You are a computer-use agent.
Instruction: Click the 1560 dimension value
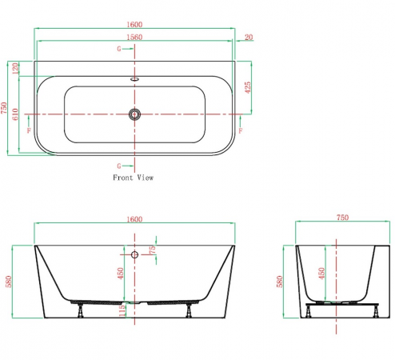click(134, 37)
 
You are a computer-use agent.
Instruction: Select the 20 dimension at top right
click(249, 37)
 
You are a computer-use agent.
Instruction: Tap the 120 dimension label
click(15, 68)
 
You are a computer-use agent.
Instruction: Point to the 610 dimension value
click(15, 114)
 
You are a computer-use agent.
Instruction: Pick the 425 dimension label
click(248, 87)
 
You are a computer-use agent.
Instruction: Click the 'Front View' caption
click(134, 178)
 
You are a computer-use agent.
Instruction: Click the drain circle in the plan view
click(134, 114)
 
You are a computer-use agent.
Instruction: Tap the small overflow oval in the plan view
click(134, 79)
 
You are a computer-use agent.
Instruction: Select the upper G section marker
click(119, 49)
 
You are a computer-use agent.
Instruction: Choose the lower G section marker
click(119, 166)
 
